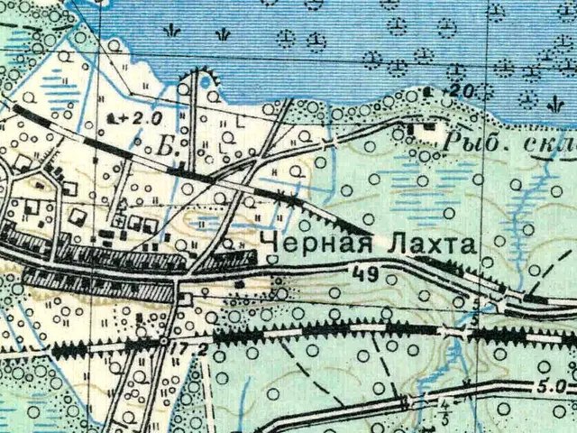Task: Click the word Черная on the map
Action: pyautogui.click(x=301, y=244)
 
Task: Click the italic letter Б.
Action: pyautogui.click(x=164, y=145)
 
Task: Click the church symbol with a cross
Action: pyautogui.click(x=121, y=219)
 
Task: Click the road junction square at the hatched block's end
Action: pyautogui.click(x=186, y=296)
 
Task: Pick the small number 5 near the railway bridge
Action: pyautogui.click(x=475, y=318)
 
